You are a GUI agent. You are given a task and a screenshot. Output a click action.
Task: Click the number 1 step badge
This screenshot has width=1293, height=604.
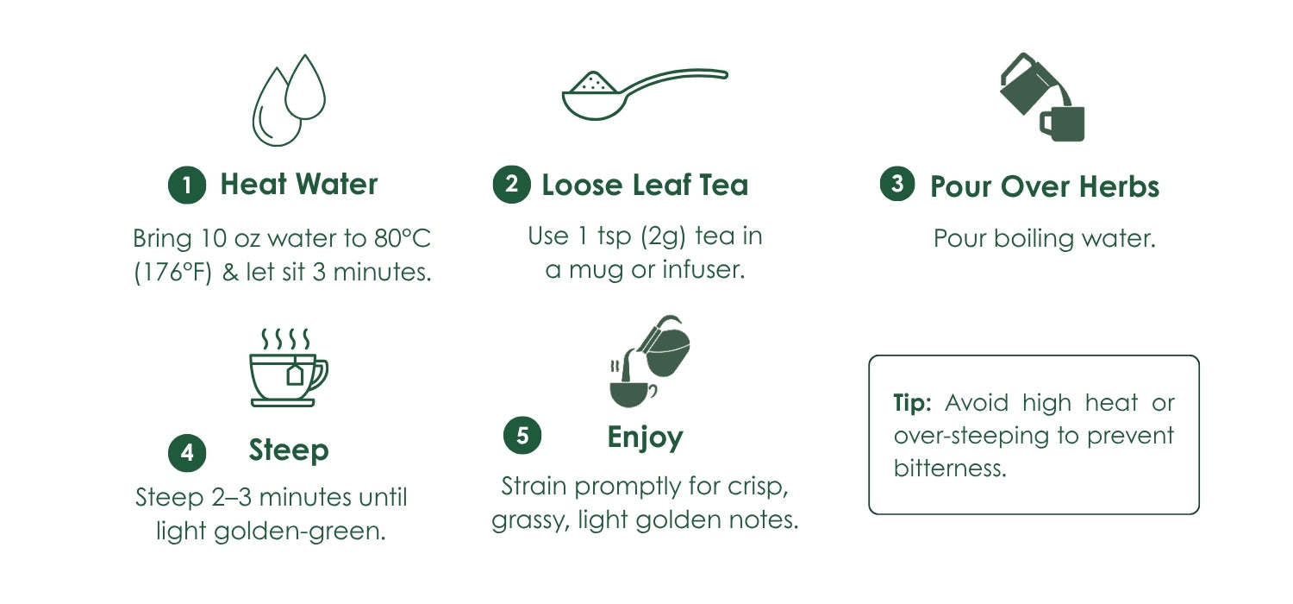(187, 185)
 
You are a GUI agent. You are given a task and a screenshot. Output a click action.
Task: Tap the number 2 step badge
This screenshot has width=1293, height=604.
(511, 185)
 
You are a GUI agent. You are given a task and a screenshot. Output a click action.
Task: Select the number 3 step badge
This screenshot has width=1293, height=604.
(897, 183)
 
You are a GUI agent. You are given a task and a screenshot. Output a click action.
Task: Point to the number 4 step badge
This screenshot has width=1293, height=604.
(187, 452)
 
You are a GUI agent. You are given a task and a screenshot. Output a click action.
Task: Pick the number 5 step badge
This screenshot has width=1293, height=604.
(522, 435)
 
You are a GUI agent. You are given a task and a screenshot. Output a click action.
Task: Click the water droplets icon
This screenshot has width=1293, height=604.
(289, 100)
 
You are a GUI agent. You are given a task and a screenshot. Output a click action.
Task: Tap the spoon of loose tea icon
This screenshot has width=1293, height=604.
(645, 94)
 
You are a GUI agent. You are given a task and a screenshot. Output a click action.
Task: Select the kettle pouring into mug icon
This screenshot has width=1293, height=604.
(1042, 98)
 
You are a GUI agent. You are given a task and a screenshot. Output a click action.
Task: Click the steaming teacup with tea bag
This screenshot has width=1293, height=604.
(289, 368)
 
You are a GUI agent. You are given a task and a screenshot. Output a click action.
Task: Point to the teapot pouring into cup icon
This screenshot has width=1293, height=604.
(649, 362)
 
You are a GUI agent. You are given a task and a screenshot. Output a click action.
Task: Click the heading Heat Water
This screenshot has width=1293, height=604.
(299, 185)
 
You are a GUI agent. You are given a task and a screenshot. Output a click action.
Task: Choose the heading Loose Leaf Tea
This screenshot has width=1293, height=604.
(645, 185)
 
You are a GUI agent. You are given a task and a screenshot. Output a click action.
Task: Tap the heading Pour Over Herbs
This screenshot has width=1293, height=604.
(1045, 186)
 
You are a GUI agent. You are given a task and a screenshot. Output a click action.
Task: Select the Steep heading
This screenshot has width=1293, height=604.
(289, 450)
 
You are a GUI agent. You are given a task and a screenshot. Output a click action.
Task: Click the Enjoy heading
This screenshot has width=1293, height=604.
(646, 437)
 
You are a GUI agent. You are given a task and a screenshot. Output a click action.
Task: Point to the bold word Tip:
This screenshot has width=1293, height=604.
(912, 403)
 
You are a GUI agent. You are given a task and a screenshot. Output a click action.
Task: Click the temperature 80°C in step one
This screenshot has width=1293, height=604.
(403, 238)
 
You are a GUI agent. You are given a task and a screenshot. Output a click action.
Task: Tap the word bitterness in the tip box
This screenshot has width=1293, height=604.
(950, 468)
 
